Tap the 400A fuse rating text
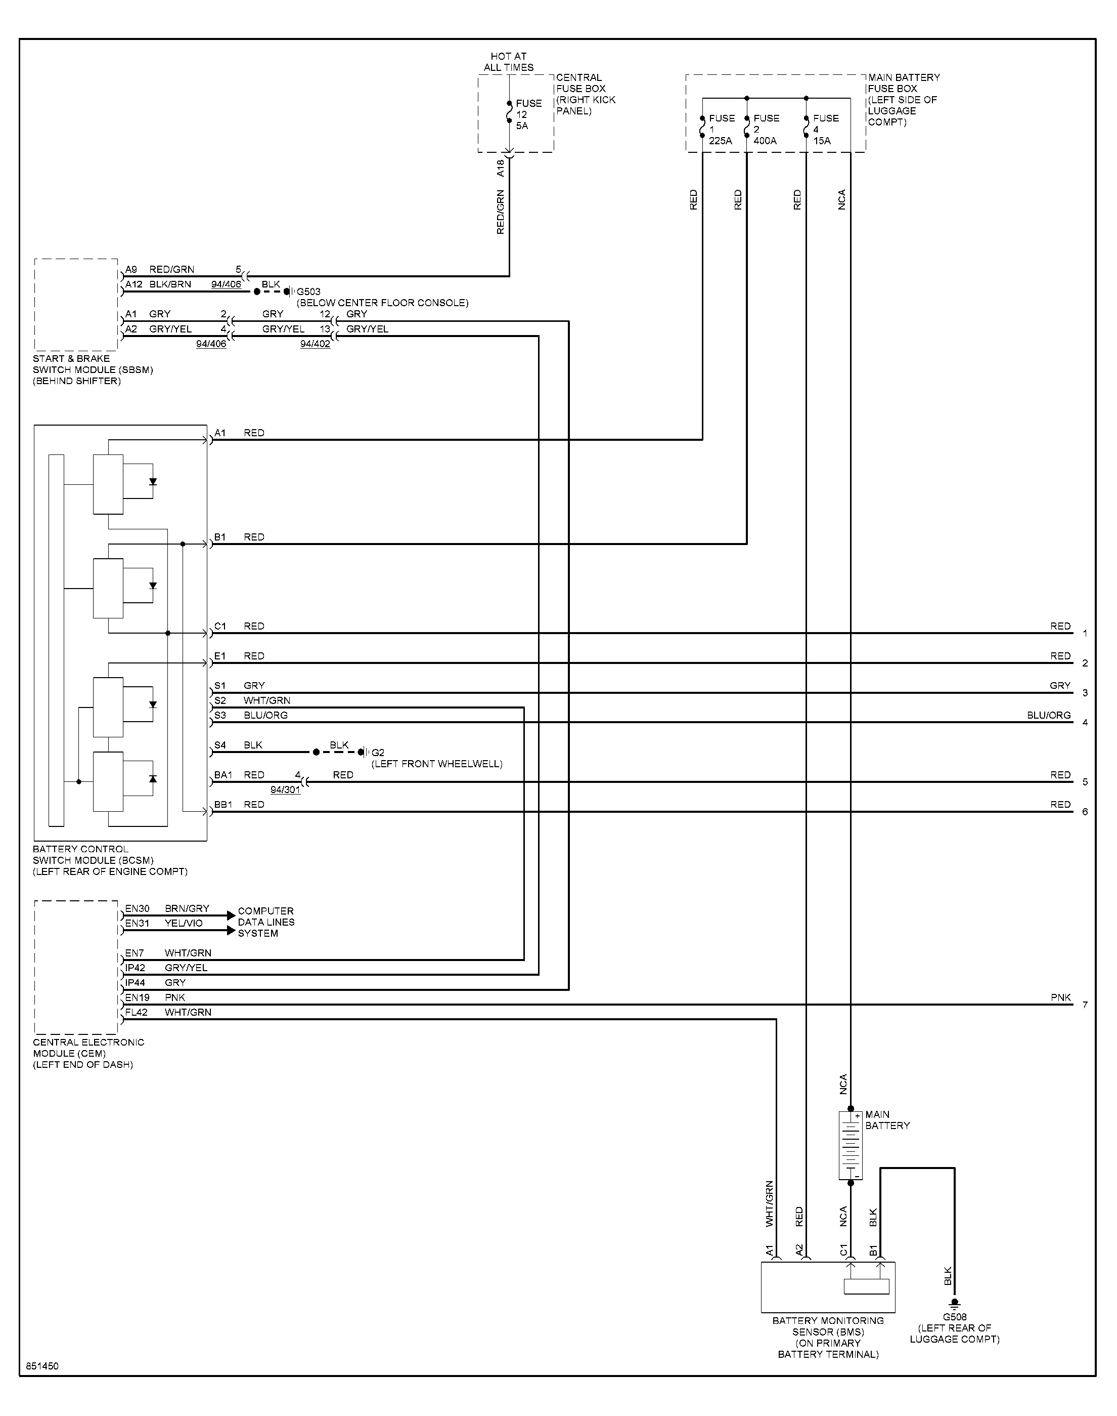click(x=765, y=141)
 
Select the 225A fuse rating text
click(x=721, y=141)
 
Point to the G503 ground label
click(x=308, y=292)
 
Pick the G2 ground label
click(x=378, y=753)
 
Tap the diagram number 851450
click(x=42, y=1366)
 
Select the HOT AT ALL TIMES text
click(x=509, y=62)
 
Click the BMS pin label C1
click(x=843, y=1250)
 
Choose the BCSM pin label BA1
click(x=224, y=775)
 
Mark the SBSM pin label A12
click(x=134, y=284)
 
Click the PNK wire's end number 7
click(x=1085, y=1005)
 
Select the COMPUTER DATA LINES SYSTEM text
click(x=266, y=922)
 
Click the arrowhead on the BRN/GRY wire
click(x=230, y=915)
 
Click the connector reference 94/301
click(x=286, y=790)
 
